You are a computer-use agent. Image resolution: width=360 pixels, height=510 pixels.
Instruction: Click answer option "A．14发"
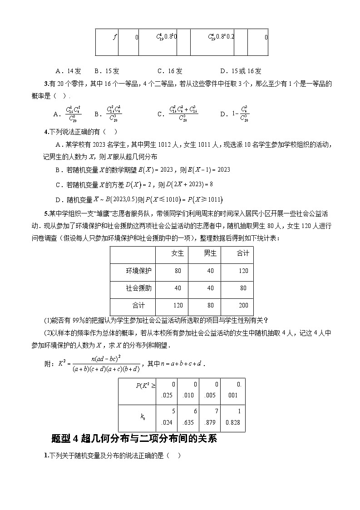[x=68, y=71]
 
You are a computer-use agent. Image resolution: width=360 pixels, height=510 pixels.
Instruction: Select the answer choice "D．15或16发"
[x=241, y=71]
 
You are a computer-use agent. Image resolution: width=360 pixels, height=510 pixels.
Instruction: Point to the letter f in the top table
[x=115, y=37]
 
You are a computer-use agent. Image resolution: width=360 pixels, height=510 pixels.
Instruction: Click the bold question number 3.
[x=46, y=83]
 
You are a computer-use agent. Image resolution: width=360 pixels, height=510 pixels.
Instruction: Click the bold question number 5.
[x=46, y=213]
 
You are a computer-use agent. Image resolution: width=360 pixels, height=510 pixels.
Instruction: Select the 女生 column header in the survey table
[x=178, y=253]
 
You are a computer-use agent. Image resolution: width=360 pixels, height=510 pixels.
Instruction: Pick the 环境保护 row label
[x=138, y=271]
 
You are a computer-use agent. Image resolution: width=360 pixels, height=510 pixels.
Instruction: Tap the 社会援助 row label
[x=138, y=288]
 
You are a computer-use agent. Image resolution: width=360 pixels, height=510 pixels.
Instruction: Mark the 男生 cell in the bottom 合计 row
[x=210, y=305]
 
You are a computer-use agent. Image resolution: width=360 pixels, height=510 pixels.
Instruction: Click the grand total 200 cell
[x=243, y=305]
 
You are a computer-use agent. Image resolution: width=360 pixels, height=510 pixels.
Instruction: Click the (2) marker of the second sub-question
[x=48, y=332]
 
